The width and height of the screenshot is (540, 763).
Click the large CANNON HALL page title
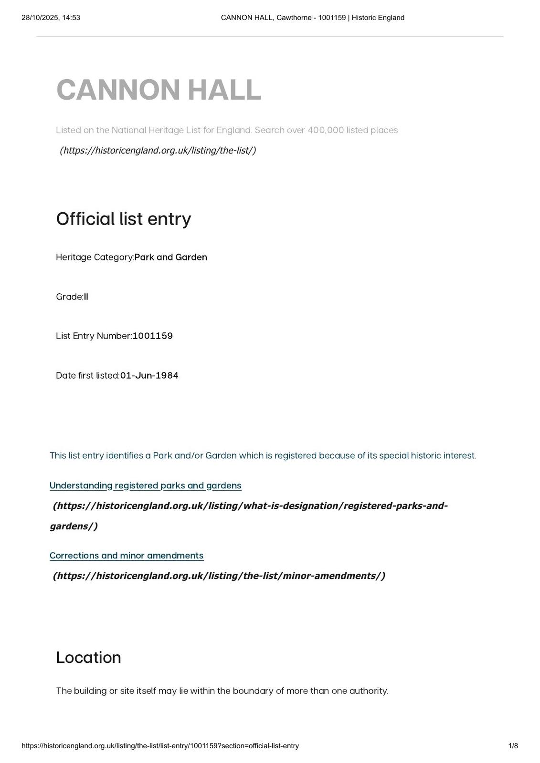(159, 90)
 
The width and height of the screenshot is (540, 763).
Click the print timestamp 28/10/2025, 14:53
(51, 18)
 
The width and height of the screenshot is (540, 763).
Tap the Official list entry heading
(123, 219)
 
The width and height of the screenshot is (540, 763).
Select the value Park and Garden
(170, 257)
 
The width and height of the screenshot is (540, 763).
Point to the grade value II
(86, 297)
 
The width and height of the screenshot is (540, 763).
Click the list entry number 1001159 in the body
(152, 336)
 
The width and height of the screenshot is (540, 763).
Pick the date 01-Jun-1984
(149, 375)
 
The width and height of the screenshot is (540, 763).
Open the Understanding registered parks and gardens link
(145, 485)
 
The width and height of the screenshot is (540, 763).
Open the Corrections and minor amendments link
(126, 556)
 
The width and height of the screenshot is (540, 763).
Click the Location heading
(88, 658)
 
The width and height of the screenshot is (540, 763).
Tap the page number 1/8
(513, 746)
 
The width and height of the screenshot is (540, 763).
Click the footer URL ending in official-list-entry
(160, 746)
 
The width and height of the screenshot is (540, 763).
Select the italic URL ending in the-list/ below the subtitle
(158, 150)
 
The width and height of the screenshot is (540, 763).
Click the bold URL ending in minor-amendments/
(219, 576)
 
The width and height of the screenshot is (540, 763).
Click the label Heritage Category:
(95, 257)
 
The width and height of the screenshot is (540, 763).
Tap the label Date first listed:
(87, 375)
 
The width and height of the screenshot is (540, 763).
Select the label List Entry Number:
(94, 336)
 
